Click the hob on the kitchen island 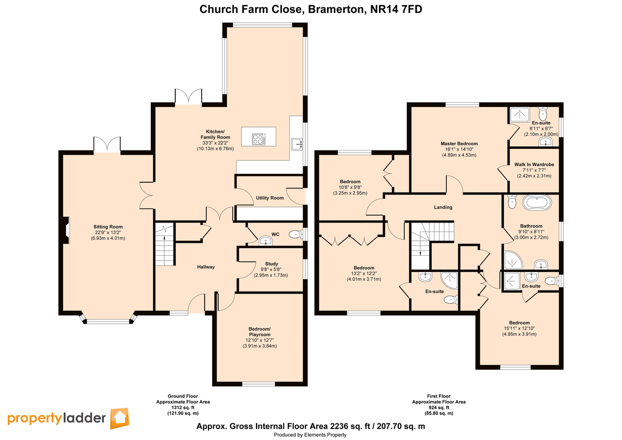coord(259,139)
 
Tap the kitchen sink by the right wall coord(297,144)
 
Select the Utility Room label coord(270,198)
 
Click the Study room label coord(271,264)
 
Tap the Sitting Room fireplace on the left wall coord(65,230)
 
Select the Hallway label coord(206,267)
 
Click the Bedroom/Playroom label coord(260,332)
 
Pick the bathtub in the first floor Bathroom coord(537,202)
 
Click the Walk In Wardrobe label coord(534,164)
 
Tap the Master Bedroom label coord(459,144)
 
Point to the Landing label coord(443,207)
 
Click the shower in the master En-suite coord(520,115)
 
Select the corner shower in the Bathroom coord(513,260)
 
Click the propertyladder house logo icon coord(120,418)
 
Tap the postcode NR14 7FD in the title coord(396,9)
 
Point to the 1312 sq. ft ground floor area coord(182,407)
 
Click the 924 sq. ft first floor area coord(439,407)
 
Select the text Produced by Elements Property coord(310,435)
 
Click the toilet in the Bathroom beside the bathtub coord(512,202)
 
